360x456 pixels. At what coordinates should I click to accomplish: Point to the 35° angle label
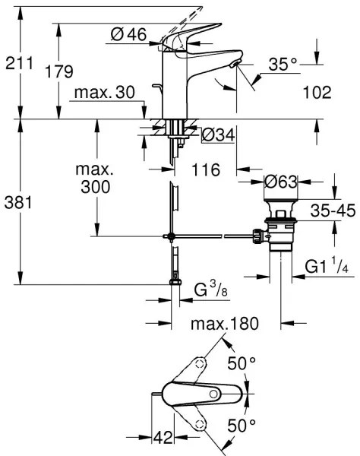click(x=282, y=65)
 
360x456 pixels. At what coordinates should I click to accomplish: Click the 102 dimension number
click(x=317, y=93)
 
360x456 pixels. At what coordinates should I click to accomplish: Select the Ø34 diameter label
click(x=218, y=135)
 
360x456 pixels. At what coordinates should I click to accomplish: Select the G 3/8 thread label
click(x=210, y=290)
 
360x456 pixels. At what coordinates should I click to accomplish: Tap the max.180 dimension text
click(x=224, y=325)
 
